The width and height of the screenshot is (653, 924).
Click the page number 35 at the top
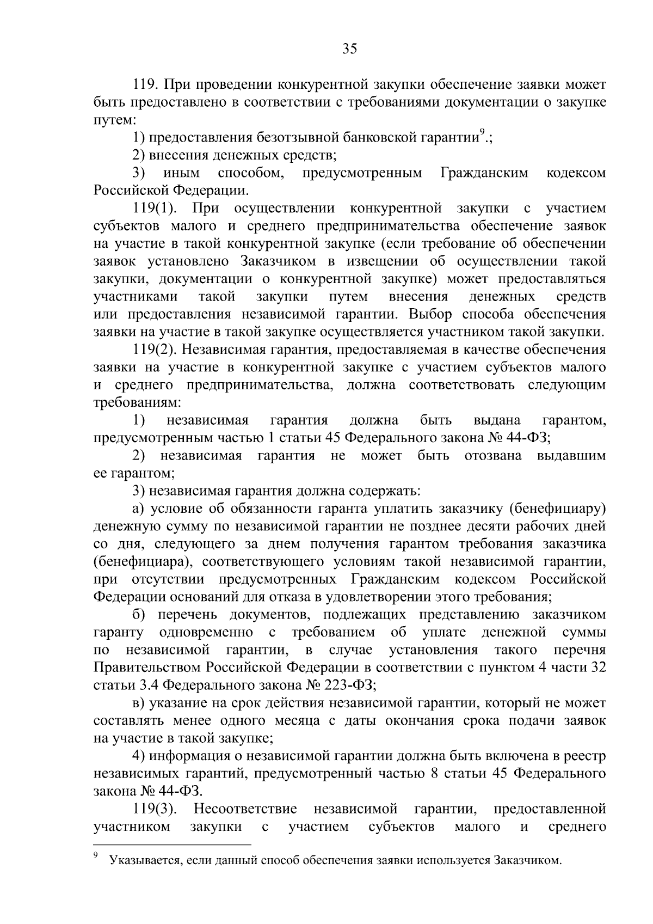[x=349, y=49]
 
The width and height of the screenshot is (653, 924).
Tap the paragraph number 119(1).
[x=157, y=208]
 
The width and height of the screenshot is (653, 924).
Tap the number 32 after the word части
[x=598, y=668]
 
